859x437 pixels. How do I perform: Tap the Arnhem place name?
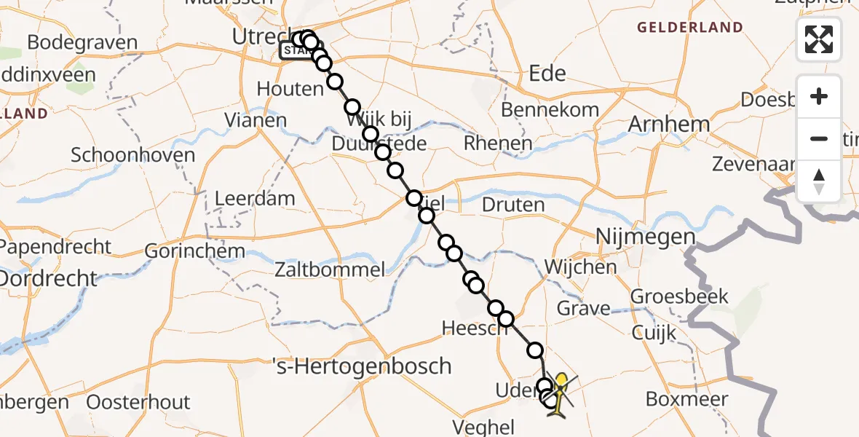tap(669, 124)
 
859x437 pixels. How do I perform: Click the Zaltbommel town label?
tap(329, 269)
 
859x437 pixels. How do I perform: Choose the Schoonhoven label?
tap(133, 154)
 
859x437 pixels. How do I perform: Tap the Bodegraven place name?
tap(82, 42)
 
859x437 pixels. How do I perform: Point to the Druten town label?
tap(513, 205)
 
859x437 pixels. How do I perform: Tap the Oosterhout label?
tap(138, 402)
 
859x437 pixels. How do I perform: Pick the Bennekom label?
tap(550, 109)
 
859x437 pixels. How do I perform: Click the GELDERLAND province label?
tap(690, 28)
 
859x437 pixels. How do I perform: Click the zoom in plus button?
tap(819, 97)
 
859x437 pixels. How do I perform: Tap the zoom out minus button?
tap(819, 138)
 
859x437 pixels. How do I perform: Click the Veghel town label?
tap(483, 427)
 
